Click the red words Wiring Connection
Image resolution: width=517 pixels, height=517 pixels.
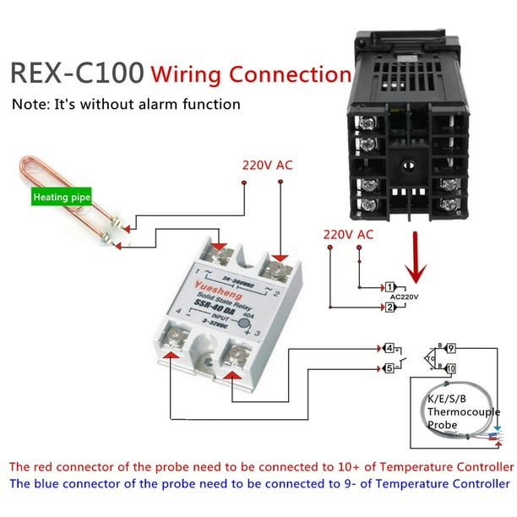(x=250, y=73)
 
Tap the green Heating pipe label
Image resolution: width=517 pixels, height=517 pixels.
(x=61, y=199)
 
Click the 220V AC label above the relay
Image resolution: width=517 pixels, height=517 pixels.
(x=267, y=165)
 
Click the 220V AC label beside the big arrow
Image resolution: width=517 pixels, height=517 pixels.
(x=348, y=234)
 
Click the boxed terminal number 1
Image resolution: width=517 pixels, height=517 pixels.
(x=390, y=287)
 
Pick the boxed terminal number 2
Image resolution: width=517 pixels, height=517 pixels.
(x=390, y=307)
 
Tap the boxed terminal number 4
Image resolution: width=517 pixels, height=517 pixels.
(x=388, y=347)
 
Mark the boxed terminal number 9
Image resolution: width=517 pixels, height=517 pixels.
(x=451, y=347)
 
